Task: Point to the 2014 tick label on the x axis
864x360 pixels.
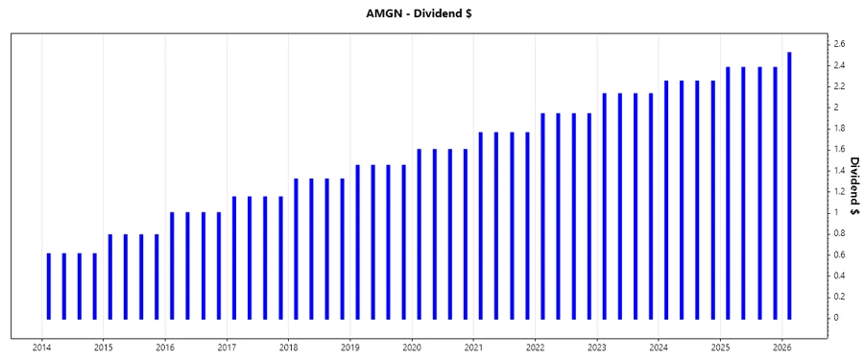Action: tap(42, 348)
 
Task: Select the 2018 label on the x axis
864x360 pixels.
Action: tap(289, 348)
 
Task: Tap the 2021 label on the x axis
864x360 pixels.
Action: tap(474, 348)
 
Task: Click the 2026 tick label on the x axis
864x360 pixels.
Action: tap(782, 348)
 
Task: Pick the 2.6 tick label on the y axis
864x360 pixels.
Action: tap(839, 44)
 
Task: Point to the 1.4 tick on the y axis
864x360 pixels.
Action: tap(839, 170)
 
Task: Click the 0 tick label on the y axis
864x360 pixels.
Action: tap(836, 318)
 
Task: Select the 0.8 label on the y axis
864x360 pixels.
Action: tap(839, 233)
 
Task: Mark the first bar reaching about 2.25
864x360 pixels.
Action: tap(666, 200)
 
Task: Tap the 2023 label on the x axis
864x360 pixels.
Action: tap(597, 348)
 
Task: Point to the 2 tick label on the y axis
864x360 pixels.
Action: tap(836, 108)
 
